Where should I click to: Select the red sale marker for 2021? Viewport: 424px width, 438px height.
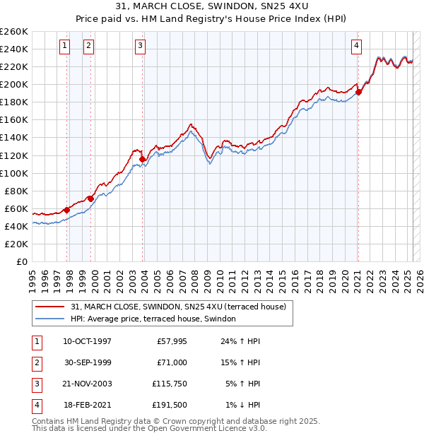(358, 91)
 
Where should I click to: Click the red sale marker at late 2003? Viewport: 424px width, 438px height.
(143, 159)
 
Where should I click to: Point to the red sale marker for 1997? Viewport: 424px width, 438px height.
(66, 210)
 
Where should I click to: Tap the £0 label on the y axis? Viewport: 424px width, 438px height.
(21, 261)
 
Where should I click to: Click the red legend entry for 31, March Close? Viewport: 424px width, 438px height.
(178, 307)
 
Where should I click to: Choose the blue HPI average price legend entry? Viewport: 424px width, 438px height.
(157, 319)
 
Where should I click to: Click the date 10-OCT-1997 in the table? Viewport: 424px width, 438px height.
(87, 341)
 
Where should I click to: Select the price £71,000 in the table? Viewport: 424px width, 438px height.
(172, 362)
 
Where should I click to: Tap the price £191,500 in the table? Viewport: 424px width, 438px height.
(170, 405)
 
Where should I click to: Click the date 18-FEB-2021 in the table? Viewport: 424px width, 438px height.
(87, 405)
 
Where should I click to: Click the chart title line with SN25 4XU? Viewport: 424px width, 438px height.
(211, 6)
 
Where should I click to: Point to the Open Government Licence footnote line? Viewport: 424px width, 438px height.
(150, 428)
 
